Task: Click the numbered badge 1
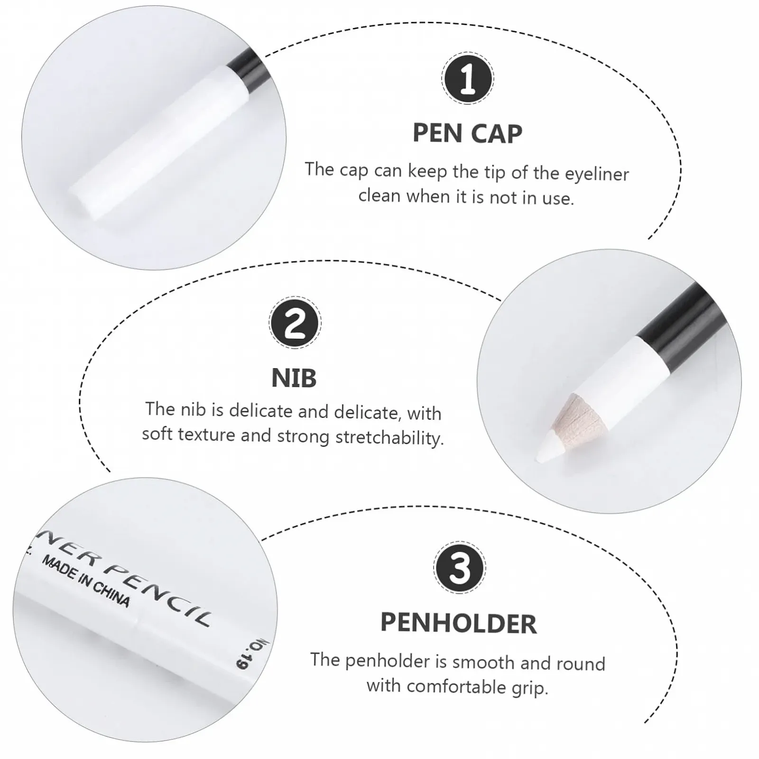pyautogui.click(x=467, y=78)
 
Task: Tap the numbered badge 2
pyautogui.click(x=295, y=323)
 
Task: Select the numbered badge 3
pyautogui.click(x=459, y=567)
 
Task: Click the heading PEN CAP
pyautogui.click(x=467, y=133)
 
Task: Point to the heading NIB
pyautogui.click(x=294, y=378)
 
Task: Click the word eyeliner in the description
pyautogui.click(x=597, y=174)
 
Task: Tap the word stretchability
pyautogui.click(x=390, y=437)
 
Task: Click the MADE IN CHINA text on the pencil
pyautogui.click(x=86, y=581)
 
